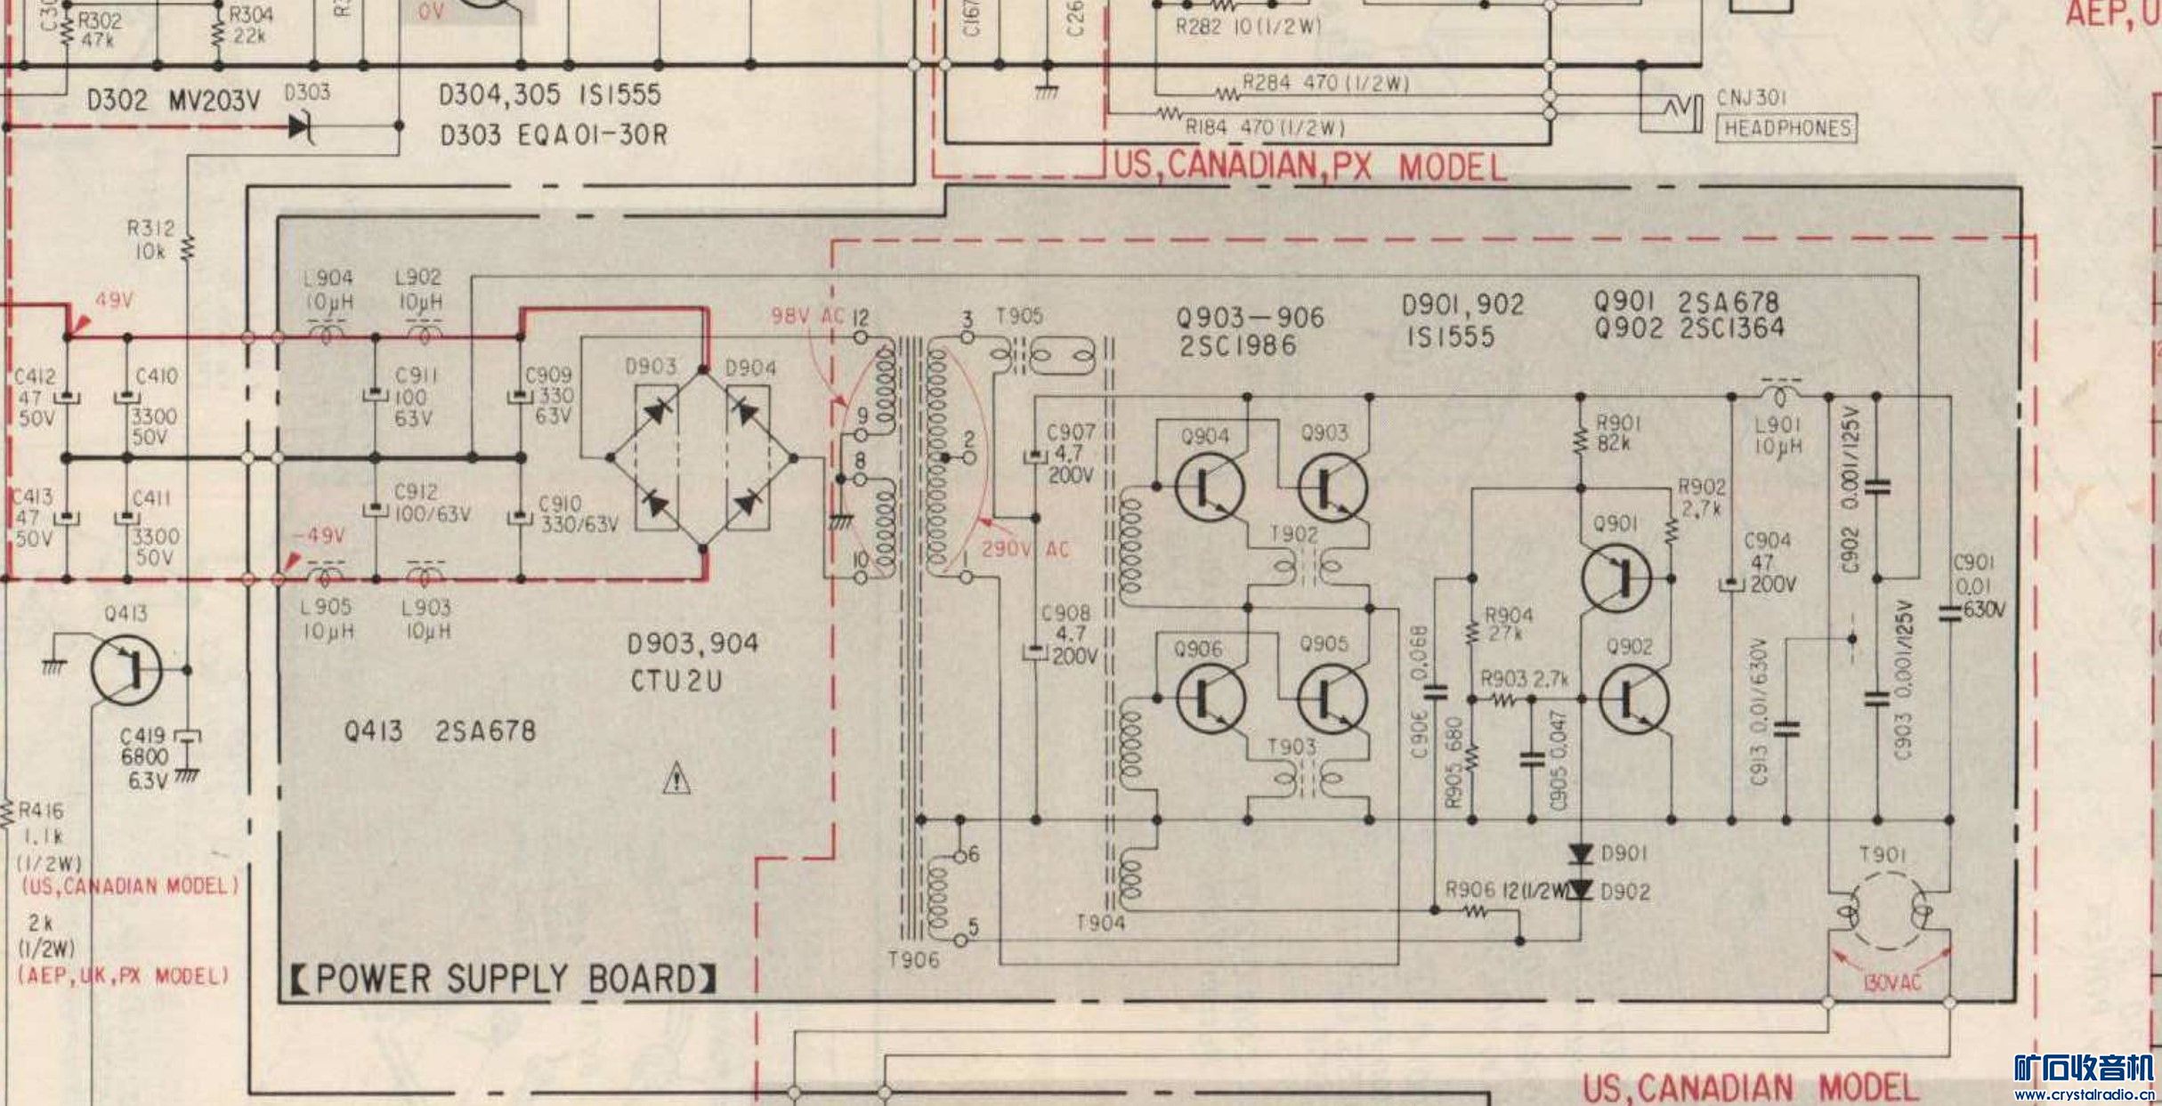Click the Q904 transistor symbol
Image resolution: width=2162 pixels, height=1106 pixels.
point(1210,487)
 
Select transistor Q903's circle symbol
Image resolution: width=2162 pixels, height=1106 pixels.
point(1332,487)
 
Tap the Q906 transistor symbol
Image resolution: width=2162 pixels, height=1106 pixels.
point(1210,699)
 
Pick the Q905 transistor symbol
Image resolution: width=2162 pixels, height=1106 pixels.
point(1332,699)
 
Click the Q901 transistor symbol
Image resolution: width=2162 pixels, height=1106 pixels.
point(1616,578)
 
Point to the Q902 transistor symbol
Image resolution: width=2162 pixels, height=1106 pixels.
point(1633,699)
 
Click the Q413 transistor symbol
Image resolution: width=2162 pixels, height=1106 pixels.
point(126,669)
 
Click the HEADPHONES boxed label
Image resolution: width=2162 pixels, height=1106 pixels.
point(1786,128)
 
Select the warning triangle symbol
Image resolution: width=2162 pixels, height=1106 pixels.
point(676,779)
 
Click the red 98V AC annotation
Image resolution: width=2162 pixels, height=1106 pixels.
point(806,316)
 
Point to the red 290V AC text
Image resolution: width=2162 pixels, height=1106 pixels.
point(1025,549)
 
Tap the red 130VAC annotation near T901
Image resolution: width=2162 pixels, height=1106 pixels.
point(1891,982)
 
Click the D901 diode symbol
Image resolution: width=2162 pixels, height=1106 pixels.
point(1581,854)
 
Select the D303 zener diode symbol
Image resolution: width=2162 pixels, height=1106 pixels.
point(301,127)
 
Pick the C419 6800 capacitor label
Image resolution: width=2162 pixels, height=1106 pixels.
point(144,757)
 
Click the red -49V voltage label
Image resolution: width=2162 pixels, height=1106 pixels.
point(320,536)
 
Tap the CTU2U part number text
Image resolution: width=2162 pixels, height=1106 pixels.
point(676,682)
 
